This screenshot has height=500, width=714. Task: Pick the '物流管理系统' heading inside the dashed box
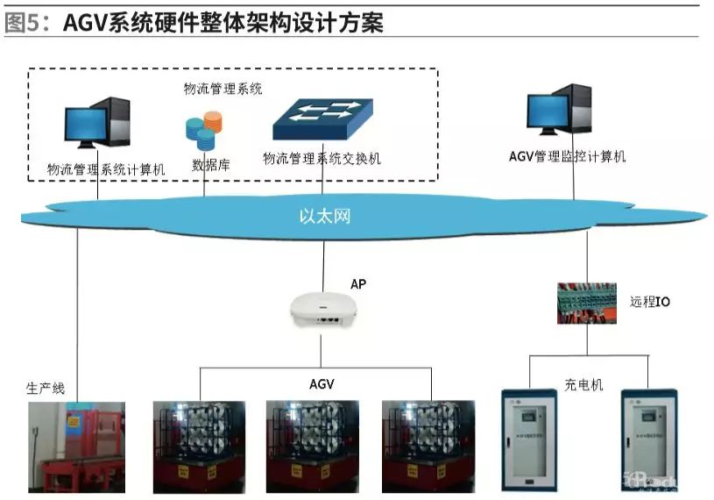pyautogui.click(x=223, y=89)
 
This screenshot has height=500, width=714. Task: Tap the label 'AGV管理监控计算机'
pyautogui.click(x=567, y=157)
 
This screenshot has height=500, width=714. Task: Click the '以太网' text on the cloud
pyautogui.click(x=325, y=215)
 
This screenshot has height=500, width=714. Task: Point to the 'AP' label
pyautogui.click(x=357, y=284)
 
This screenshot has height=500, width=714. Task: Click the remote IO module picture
pyautogui.click(x=587, y=303)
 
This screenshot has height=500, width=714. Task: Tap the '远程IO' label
pyautogui.click(x=650, y=302)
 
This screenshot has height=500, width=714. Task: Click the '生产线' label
pyautogui.click(x=46, y=387)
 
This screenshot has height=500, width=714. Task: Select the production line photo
pyautogui.click(x=76, y=446)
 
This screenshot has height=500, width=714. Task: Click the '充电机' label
pyautogui.click(x=583, y=384)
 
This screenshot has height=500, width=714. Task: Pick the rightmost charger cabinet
pyautogui.click(x=654, y=439)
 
